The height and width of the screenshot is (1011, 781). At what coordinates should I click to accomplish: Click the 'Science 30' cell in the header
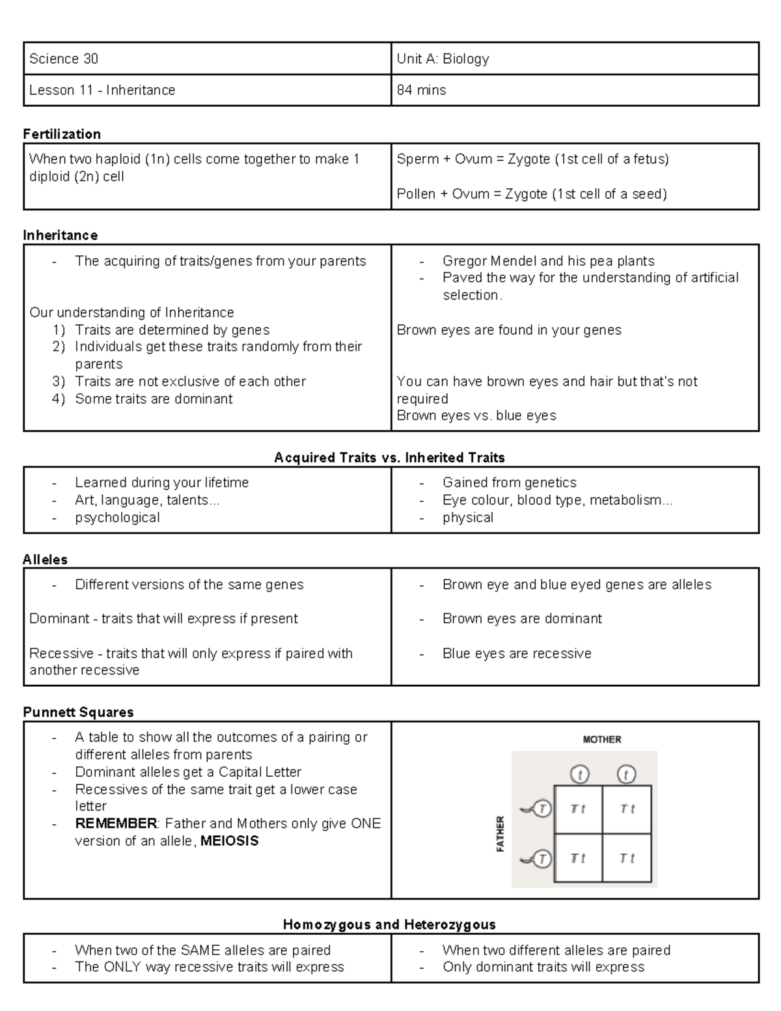64,59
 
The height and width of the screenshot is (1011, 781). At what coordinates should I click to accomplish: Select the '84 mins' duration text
421,90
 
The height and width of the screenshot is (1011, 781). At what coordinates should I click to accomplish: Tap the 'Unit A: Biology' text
443,59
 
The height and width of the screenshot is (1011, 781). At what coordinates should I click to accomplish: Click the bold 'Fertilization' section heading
62,134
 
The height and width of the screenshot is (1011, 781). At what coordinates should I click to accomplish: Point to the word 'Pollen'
417,194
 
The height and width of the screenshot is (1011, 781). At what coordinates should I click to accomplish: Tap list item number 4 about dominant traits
153,399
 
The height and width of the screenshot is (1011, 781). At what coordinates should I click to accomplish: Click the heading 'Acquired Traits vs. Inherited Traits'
389,458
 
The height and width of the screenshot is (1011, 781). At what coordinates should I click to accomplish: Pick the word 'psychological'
117,518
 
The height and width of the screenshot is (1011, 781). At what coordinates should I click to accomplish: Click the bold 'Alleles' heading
45,560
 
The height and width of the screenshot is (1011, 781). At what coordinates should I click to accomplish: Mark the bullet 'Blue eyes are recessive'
517,654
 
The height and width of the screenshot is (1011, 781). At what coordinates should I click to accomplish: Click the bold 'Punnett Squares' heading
78,712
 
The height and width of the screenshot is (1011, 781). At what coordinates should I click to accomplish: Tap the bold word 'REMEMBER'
116,824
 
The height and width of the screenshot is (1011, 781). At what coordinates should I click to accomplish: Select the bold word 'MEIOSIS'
229,841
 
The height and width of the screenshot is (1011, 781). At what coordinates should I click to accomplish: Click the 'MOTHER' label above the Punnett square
601,740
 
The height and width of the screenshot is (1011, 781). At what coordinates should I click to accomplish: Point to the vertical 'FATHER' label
500,834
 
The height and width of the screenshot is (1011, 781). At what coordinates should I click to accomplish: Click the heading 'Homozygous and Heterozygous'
389,925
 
